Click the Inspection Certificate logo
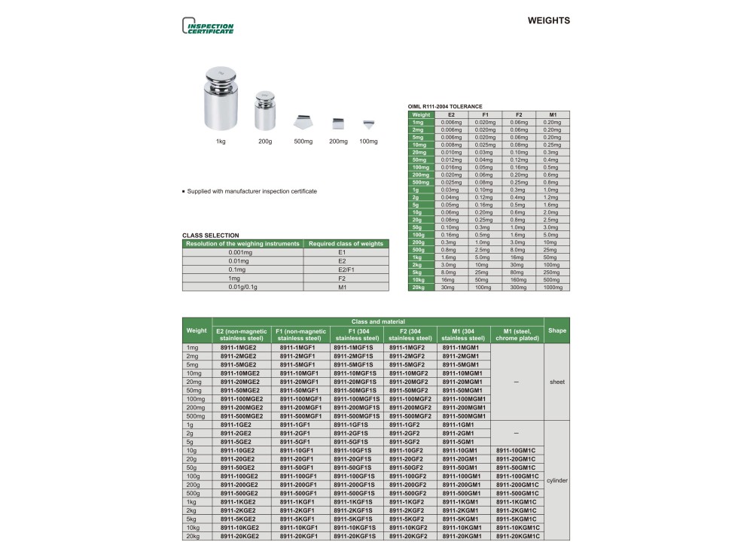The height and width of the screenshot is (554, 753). click(x=208, y=26)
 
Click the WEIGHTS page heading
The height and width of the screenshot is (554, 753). click(x=548, y=21)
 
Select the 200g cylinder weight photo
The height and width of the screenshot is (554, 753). click(x=264, y=111)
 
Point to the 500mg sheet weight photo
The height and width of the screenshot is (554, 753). click(x=303, y=122)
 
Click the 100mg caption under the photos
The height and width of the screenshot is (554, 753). click(x=368, y=142)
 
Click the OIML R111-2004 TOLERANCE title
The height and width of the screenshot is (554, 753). click(x=445, y=107)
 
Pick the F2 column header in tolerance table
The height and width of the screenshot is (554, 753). click(x=517, y=114)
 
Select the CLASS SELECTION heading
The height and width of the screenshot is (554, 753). click(x=211, y=236)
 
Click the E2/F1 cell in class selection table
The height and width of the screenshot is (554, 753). click(x=346, y=269)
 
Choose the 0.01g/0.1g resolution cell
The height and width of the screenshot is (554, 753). click(x=242, y=287)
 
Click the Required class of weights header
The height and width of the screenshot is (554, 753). click(x=346, y=244)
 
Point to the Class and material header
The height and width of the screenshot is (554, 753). click(x=378, y=321)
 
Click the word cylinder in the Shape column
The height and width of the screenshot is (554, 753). click(x=557, y=479)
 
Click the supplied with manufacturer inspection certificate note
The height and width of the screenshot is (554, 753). click(x=252, y=191)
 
